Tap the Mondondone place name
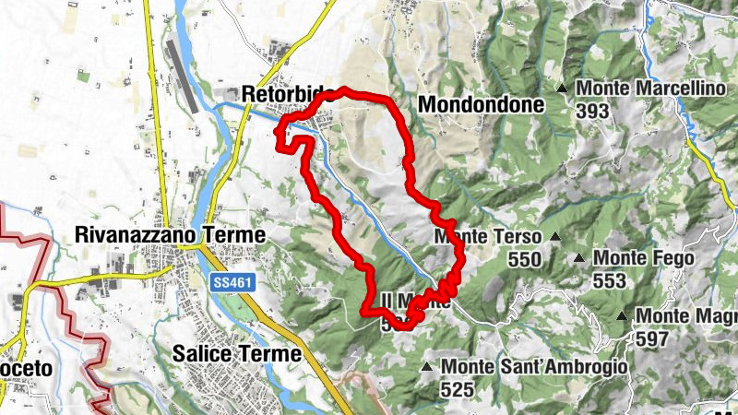click(x=481, y=105)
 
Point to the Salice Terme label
click(x=237, y=353)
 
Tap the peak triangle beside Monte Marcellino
click(x=562, y=89)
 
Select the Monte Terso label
click(x=489, y=238)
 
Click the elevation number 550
click(x=524, y=261)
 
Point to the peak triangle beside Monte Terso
click(x=555, y=238)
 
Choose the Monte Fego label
click(x=644, y=258)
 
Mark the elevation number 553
click(x=610, y=281)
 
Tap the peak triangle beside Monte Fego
click(x=579, y=258)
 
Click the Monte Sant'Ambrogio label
click(x=534, y=367)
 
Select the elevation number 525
click(x=457, y=390)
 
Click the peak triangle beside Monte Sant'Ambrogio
click(x=426, y=367)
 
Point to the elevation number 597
click(x=653, y=338)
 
